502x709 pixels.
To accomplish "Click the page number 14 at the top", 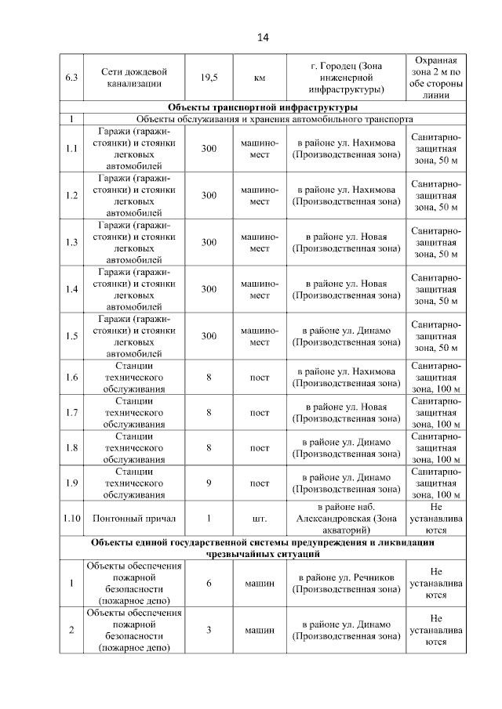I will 262,38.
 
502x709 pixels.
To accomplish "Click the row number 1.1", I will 71,149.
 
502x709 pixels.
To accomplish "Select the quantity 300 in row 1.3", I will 209,243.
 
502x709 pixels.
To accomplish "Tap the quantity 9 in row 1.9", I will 209,483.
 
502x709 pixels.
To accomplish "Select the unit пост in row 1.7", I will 259,413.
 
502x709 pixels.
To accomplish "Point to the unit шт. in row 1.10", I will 259,519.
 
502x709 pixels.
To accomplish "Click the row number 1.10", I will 71,519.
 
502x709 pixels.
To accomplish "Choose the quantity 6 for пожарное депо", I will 209,584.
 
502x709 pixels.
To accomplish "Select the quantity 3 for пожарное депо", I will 209,630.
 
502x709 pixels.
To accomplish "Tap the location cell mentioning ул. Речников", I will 346,584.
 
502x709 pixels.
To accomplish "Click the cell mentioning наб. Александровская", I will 346,519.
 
